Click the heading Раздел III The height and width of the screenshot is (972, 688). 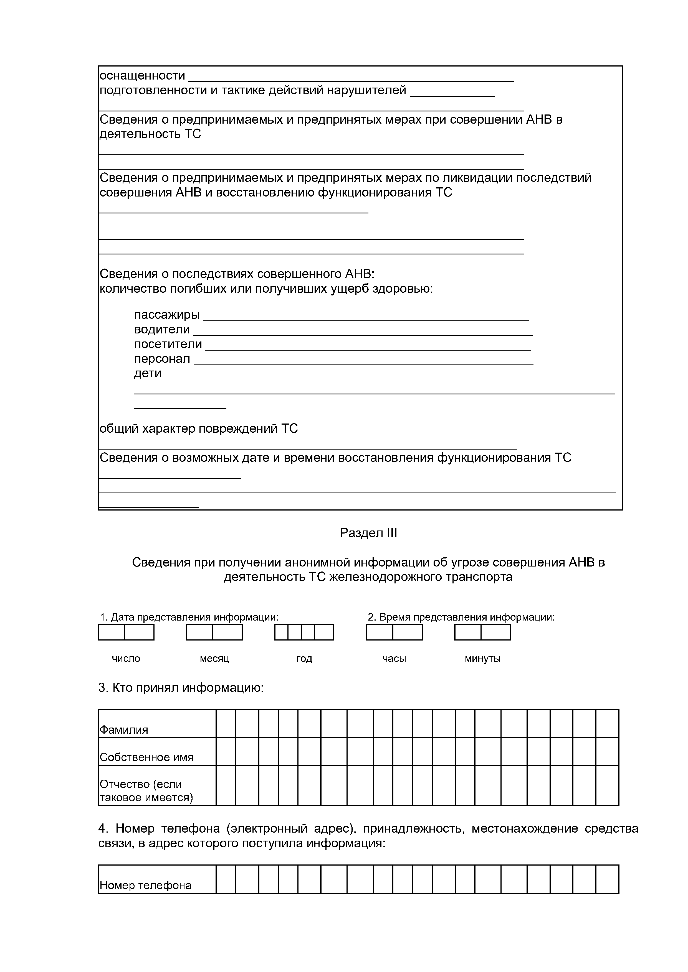tap(368, 533)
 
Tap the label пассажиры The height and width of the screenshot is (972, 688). tap(167, 315)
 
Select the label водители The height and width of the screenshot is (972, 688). tap(162, 329)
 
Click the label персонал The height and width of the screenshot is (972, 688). tap(162, 359)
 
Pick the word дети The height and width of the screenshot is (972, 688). tap(148, 373)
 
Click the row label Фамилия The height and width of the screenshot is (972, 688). tap(124, 730)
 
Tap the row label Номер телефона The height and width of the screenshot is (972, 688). tap(145, 885)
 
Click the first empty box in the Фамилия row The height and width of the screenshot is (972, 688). tap(226, 724)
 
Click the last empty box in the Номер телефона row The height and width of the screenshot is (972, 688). tap(607, 879)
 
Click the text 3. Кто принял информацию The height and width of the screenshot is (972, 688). tap(181, 688)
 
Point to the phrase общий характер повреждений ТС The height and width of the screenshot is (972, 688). tap(199, 428)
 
